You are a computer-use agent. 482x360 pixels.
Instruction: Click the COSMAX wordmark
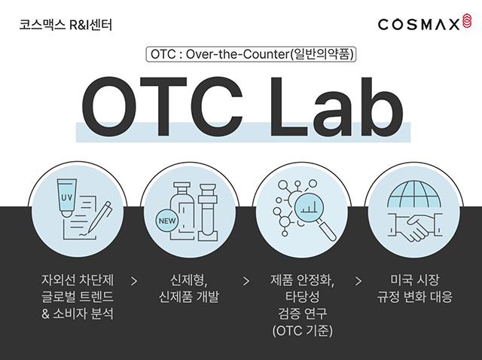tap(419, 24)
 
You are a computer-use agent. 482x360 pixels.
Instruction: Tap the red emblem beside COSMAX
tap(466, 21)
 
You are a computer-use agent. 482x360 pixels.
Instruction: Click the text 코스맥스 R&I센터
tap(66, 25)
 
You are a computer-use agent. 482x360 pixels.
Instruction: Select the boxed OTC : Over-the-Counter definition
tap(251, 54)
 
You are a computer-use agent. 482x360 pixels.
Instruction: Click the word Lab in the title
tap(337, 106)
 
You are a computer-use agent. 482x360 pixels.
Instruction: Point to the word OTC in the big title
tap(163, 106)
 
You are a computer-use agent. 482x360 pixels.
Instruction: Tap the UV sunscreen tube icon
tap(66, 198)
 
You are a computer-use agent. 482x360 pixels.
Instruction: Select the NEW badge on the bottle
tap(167, 221)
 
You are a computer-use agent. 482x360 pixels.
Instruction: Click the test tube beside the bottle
tap(208, 212)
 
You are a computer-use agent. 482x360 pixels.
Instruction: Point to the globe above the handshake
tap(414, 194)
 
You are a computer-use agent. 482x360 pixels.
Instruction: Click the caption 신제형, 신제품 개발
tap(189, 288)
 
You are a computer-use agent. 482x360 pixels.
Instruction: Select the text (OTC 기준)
tap(303, 331)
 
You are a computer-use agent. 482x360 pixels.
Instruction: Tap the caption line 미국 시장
tap(415, 279)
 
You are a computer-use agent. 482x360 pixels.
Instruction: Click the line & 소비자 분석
tap(78, 314)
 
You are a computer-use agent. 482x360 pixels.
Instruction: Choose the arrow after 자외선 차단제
tap(134, 281)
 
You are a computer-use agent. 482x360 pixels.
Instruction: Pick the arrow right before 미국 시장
tap(358, 281)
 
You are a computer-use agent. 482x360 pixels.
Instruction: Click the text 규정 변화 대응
tap(415, 297)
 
